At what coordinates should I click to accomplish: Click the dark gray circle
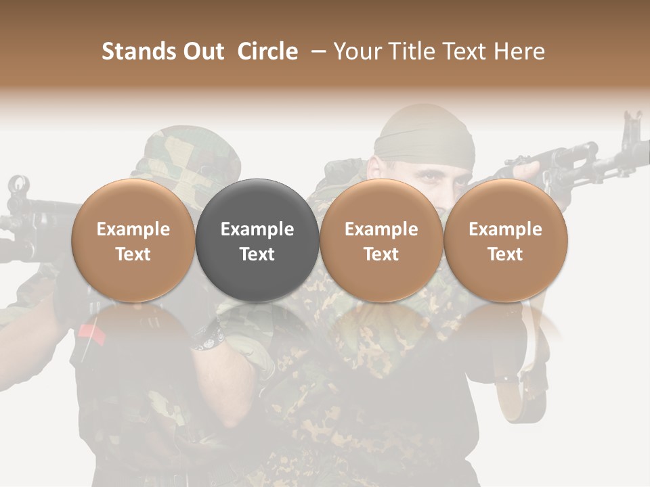257,240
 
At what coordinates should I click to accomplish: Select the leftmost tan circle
133,240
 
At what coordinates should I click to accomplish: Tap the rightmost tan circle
505,240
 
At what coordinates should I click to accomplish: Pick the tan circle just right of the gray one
381,240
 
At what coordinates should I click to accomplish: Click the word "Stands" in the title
138,51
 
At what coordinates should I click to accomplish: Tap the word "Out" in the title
203,51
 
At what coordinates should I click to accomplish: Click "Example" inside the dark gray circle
257,229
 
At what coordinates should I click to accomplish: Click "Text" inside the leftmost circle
133,254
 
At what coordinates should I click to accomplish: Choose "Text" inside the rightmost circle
505,254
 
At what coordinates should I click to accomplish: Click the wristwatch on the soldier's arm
207,336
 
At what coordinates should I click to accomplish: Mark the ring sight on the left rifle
18,185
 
